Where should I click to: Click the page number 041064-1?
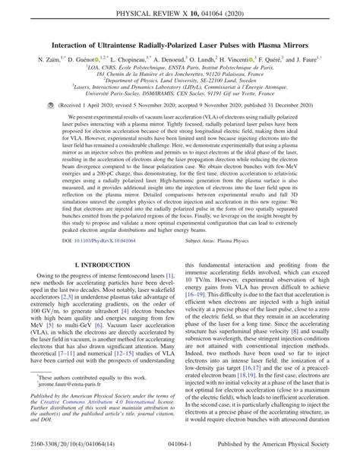[x=180, y=457]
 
